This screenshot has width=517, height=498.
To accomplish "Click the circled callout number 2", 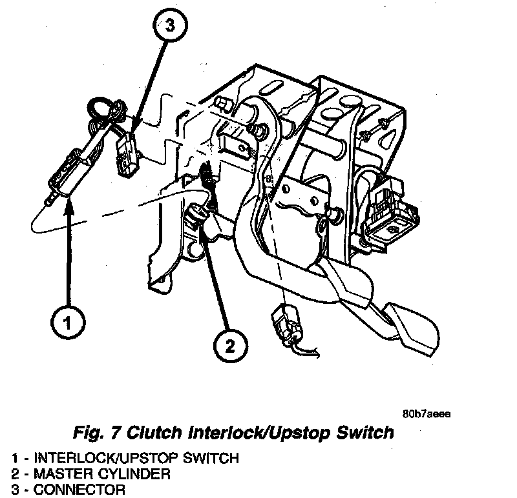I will [x=229, y=348].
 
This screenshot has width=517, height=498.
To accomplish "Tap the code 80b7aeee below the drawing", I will [x=426, y=414].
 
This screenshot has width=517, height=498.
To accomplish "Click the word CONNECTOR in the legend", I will [x=80, y=489].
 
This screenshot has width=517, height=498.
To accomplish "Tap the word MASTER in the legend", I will [x=65, y=474].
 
